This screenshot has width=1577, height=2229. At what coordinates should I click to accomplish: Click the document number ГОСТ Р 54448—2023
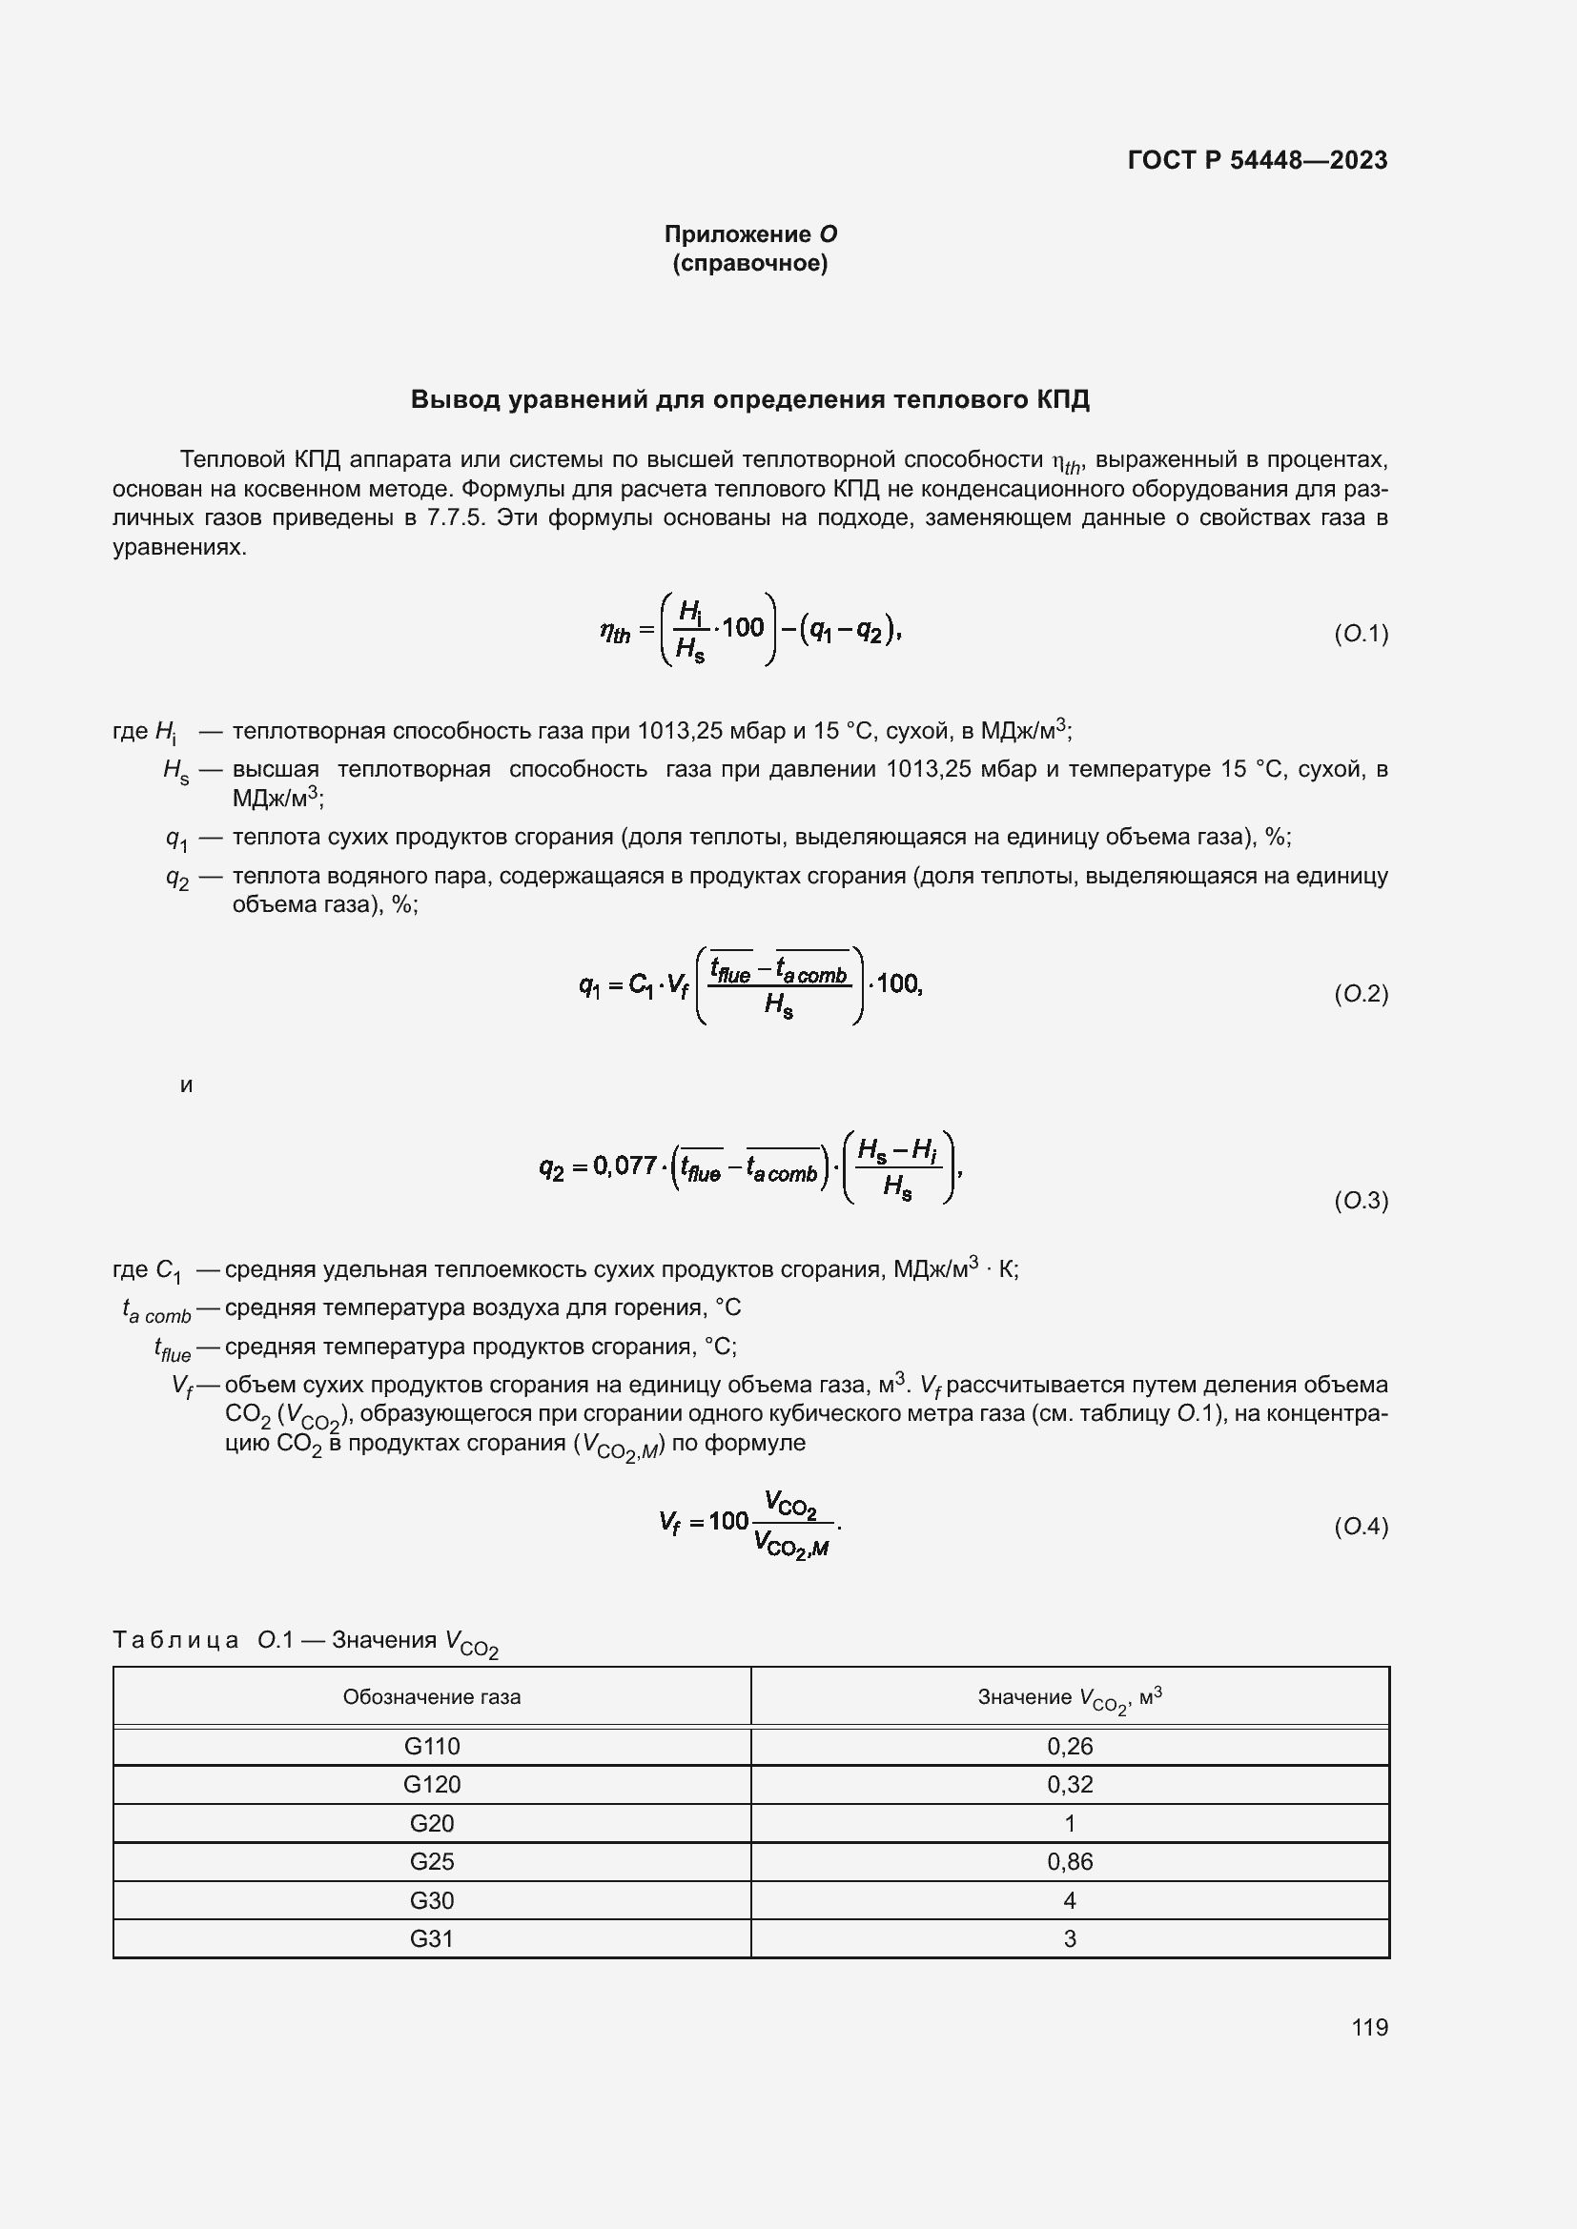click(x=1258, y=160)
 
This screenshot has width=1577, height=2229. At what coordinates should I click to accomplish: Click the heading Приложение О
click(x=749, y=234)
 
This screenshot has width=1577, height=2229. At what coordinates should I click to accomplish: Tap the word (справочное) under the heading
click(x=749, y=263)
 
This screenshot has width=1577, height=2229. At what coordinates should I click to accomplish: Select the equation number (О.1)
click(x=1361, y=634)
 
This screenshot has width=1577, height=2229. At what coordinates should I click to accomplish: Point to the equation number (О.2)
click(x=1361, y=993)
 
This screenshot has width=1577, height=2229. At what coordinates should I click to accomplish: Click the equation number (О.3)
click(x=1361, y=1201)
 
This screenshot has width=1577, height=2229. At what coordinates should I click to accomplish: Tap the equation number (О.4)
click(x=1361, y=1527)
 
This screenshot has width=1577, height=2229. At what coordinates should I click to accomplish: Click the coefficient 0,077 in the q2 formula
click(x=625, y=1165)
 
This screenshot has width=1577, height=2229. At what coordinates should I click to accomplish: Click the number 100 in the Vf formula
click(x=728, y=1520)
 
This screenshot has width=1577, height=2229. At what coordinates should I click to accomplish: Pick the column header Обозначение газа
click(x=431, y=1697)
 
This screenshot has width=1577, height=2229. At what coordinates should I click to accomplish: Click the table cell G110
click(x=431, y=1747)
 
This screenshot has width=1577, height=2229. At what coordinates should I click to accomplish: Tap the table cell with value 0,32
click(x=1069, y=1784)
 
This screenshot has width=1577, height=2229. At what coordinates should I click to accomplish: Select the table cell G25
click(x=431, y=1861)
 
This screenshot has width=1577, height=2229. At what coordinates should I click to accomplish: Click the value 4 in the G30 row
click(x=1069, y=1900)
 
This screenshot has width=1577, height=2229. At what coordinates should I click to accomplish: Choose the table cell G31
click(x=431, y=1938)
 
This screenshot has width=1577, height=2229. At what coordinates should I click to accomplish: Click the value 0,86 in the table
click(x=1069, y=1861)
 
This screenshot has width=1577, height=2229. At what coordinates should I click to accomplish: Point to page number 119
click(x=1369, y=2027)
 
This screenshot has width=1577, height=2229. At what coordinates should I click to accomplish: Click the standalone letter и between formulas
click(x=187, y=1085)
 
